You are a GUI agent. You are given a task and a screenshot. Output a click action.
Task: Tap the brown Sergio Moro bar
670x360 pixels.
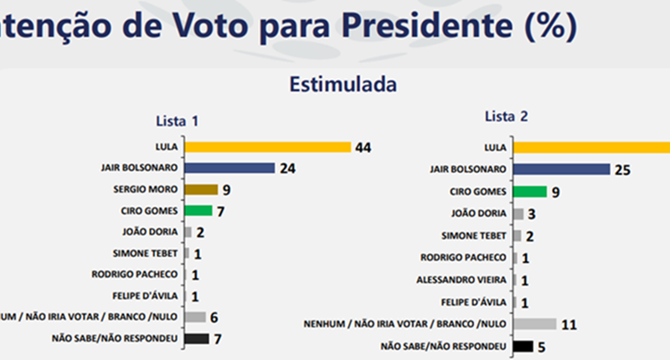coord(200,189)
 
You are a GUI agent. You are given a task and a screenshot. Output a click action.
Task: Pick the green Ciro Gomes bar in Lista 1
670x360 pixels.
coord(198,210)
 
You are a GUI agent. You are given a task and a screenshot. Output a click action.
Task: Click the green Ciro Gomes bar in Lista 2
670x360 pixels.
coord(529,191)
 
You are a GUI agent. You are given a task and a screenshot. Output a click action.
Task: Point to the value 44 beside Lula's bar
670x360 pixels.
coord(363,148)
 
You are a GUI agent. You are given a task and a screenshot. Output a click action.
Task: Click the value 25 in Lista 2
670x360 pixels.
coord(621,171)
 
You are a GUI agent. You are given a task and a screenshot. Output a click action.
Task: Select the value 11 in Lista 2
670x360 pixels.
coord(569,324)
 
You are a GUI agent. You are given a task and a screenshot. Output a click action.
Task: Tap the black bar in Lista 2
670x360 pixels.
coord(523,346)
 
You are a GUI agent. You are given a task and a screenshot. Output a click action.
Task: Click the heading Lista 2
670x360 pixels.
coord(506,116)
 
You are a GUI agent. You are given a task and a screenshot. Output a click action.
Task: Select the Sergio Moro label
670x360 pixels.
coord(148,189)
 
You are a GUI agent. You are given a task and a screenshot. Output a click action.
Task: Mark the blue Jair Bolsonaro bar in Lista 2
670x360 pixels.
coord(561,170)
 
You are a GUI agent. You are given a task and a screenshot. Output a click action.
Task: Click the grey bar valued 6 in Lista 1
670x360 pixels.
coord(194,317)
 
